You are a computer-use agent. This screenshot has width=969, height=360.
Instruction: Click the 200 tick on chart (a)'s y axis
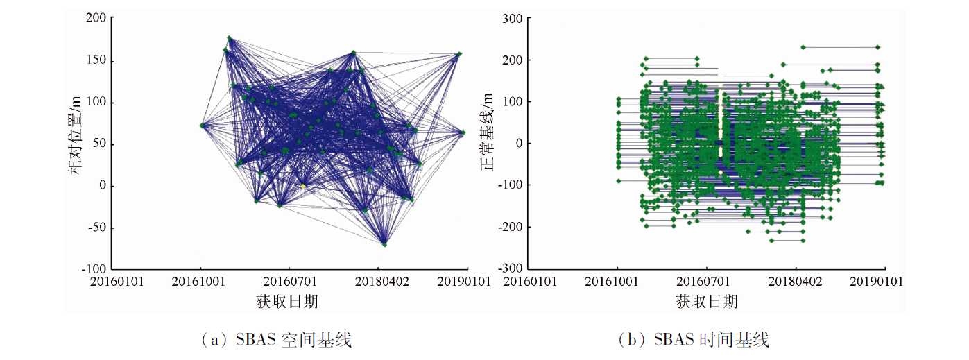click(96, 18)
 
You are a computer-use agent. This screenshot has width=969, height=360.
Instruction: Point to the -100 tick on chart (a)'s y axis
click(94, 268)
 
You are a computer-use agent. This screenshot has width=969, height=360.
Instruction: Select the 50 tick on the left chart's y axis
click(99, 144)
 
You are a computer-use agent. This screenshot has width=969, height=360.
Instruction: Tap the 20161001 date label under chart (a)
click(200, 282)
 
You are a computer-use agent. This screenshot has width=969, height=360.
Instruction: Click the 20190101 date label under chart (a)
click(465, 282)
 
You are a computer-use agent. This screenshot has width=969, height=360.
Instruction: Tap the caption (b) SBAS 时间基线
click(695, 340)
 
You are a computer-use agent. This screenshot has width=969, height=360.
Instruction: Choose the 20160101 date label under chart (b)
click(531, 282)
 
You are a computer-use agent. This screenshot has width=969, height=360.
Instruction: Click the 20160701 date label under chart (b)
click(707, 282)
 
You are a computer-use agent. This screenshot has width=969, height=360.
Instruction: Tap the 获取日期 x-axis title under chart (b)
click(706, 301)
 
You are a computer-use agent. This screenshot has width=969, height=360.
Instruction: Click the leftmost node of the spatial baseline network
click(202, 126)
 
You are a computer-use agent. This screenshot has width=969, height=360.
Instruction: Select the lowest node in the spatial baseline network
click(384, 244)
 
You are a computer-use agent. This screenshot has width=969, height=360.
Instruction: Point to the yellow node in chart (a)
click(303, 186)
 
